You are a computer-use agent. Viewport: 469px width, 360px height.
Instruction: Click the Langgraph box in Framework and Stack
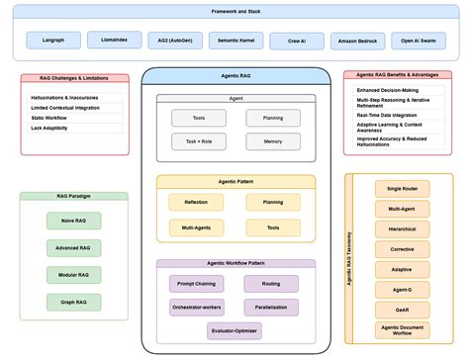pos(55,41)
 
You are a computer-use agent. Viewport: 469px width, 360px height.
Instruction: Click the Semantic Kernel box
pos(234,41)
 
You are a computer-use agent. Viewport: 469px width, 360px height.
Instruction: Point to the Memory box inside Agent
pos(273,141)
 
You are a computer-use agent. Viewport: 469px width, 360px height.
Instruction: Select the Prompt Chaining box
pos(196,283)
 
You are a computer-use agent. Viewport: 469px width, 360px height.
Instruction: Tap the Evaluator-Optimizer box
pos(234,331)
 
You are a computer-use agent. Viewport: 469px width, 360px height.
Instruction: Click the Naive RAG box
pos(73,222)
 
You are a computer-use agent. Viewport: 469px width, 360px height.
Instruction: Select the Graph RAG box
pos(73,300)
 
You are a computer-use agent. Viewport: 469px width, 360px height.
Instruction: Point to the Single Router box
pos(401,188)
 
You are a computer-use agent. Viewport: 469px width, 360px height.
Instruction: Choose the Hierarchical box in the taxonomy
pos(401,228)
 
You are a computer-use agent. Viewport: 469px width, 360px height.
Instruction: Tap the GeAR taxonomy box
pos(401,309)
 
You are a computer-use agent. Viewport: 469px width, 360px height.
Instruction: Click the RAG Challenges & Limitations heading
pos(74,77)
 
